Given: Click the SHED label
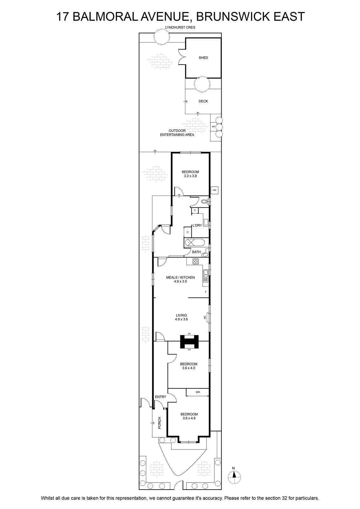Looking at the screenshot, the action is (203, 58).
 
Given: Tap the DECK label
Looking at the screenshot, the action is (203, 101).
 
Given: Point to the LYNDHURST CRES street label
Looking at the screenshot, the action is (180, 27).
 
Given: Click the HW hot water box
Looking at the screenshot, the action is (215, 190).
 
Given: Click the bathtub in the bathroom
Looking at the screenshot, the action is (196, 243).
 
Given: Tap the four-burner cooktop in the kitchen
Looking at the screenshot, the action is (196, 261).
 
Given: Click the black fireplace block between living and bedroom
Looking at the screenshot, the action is (189, 342).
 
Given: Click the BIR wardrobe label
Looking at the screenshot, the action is (198, 392).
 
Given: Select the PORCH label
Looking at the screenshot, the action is (159, 423).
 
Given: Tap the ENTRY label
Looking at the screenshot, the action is (161, 397).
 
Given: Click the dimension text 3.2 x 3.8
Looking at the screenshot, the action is (190, 176).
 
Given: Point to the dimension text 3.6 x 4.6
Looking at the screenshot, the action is (189, 418).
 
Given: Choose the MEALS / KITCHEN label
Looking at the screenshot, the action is (180, 277).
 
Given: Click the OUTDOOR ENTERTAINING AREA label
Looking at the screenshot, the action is (177, 133).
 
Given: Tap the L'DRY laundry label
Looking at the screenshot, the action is (197, 226).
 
